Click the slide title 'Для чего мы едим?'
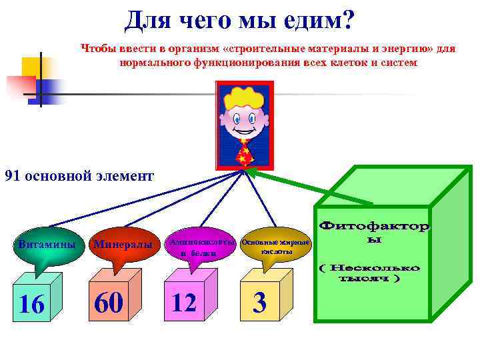coord(239,22)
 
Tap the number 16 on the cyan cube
coord(31,304)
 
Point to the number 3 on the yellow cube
coord(260,304)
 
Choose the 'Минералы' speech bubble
coord(123,245)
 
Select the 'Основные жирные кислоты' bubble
coord(275,247)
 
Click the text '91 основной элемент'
coord(79,176)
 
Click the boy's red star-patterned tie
coord(246,153)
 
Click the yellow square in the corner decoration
coord(31,67)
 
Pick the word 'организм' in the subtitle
coord(183,49)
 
